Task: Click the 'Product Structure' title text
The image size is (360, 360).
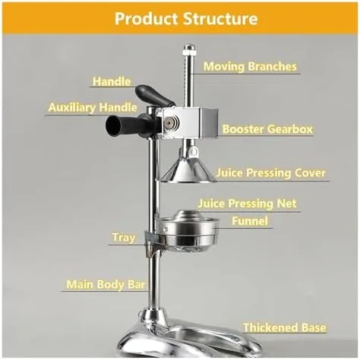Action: [x=180, y=17]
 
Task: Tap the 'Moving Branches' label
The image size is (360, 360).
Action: [x=250, y=67]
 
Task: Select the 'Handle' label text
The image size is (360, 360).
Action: [x=112, y=81]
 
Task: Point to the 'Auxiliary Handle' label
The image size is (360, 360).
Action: [x=87, y=108]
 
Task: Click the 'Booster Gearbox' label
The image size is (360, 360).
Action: [x=267, y=129]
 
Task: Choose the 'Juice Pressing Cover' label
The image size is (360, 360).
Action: [x=270, y=173]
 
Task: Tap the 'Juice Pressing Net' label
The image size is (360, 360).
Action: [x=247, y=204]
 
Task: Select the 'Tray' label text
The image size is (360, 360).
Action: [x=124, y=238]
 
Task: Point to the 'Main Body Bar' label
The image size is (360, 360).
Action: [x=106, y=285]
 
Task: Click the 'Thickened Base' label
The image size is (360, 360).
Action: [x=284, y=327]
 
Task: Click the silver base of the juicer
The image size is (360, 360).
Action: [x=190, y=338]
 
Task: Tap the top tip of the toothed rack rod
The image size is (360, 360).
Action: [x=188, y=49]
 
